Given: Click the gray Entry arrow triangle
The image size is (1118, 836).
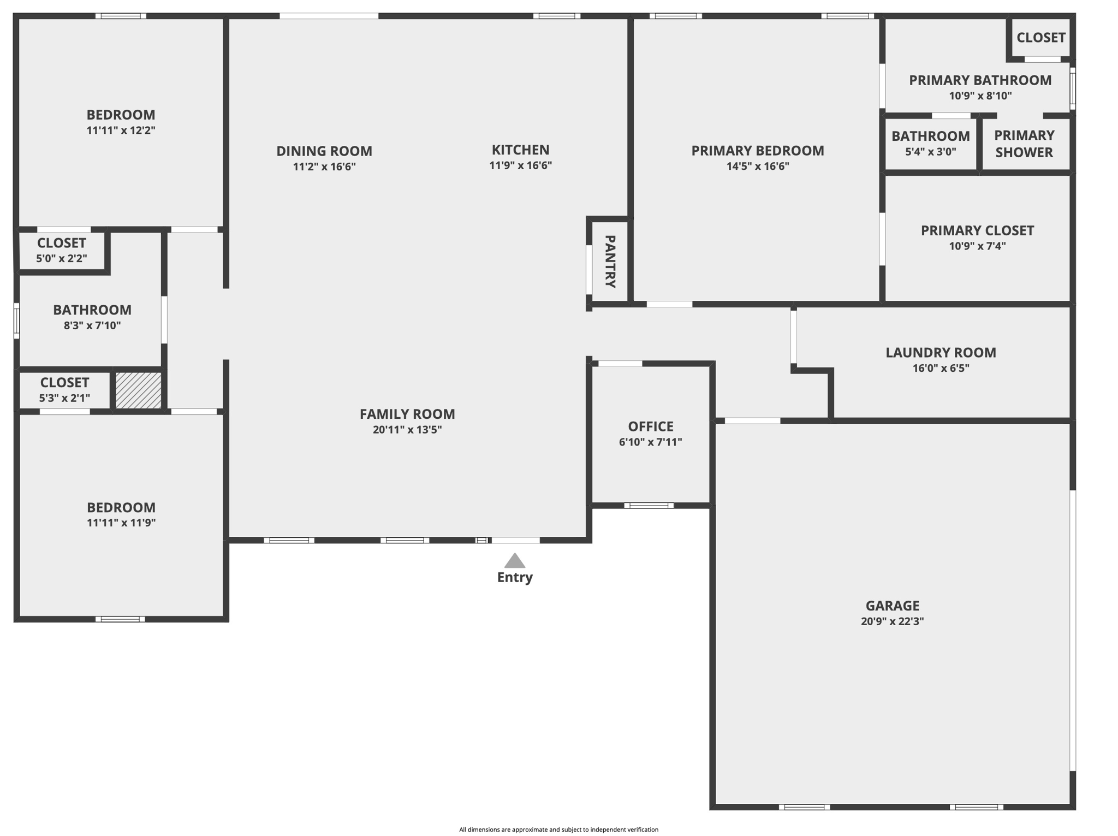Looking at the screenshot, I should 514,561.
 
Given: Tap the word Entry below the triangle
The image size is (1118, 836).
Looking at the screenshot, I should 514,577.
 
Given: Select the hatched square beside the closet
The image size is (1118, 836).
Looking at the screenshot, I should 139,390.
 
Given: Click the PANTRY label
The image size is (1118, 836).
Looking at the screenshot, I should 610,261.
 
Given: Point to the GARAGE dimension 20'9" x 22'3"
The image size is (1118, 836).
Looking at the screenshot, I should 892,621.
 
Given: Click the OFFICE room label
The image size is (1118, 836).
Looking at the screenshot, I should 650,426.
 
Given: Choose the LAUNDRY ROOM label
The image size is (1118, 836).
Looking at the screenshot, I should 940,353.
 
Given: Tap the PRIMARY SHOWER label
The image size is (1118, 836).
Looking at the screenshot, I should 1024,144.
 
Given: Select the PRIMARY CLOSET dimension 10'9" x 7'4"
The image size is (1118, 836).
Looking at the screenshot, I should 977,246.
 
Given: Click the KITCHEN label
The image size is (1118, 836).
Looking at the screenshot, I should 520,150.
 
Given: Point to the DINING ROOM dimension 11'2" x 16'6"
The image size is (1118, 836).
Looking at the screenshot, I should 324,167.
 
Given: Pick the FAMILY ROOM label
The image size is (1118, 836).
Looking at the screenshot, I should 407,414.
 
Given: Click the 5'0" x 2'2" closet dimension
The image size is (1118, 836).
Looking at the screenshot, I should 62,258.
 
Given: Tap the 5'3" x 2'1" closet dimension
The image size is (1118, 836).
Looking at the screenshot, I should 64,398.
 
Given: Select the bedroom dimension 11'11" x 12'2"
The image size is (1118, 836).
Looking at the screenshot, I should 121,130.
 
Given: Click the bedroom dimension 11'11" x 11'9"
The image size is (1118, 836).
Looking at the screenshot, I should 121,523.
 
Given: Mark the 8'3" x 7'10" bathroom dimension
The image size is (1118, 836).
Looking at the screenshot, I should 92,325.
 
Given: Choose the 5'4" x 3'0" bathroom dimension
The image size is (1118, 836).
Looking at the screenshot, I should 930,152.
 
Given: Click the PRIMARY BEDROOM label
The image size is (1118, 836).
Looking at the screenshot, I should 758,151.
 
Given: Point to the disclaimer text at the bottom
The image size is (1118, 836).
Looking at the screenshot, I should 558,829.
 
